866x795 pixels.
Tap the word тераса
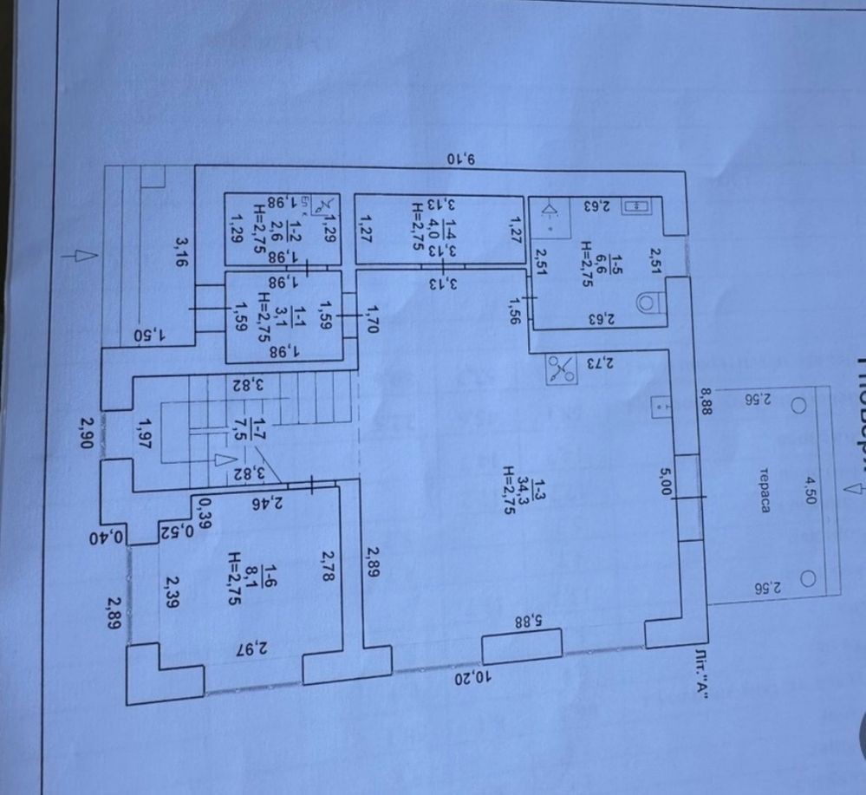(x=765, y=515)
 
